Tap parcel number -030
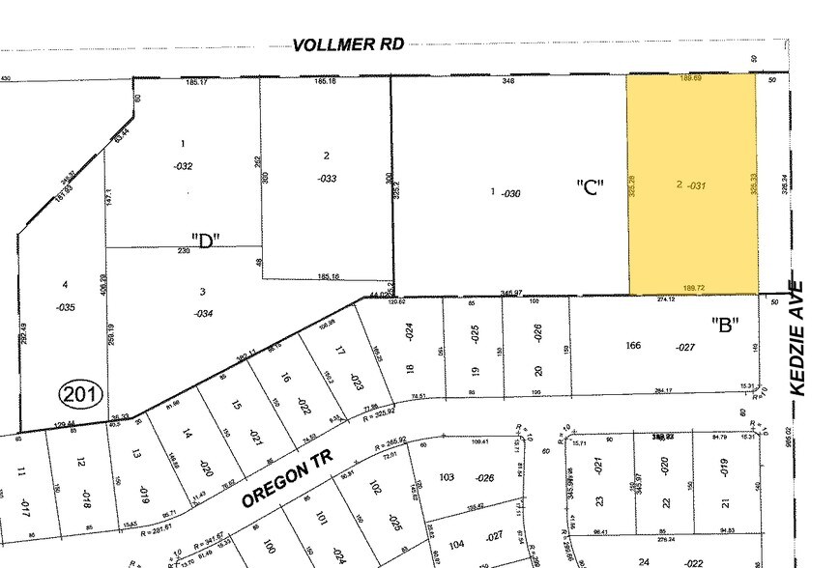(x=511, y=193)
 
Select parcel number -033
(x=327, y=178)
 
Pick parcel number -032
(x=183, y=166)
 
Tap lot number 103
(x=447, y=478)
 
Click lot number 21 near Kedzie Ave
(x=725, y=503)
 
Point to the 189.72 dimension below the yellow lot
(x=693, y=288)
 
